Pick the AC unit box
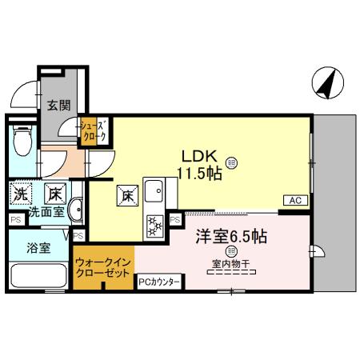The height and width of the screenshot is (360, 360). pos(293,200)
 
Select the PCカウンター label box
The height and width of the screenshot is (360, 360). pos(160,282)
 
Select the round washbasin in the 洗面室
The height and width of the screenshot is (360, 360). pos(74,212)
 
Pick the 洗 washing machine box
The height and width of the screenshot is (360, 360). pos(22,193)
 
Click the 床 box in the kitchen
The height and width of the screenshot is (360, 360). pos(127,193)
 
